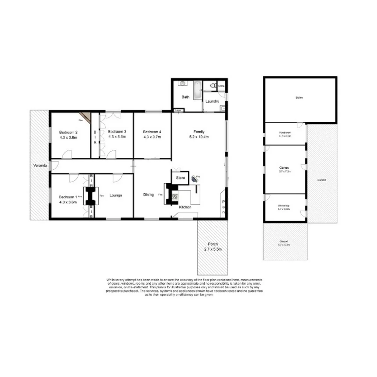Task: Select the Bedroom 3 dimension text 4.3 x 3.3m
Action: (117, 137)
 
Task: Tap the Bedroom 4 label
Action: (152, 132)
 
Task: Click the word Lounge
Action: (116, 195)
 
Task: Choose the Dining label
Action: (148, 195)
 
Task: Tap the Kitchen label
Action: (185, 207)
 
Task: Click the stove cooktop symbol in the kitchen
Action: (175, 197)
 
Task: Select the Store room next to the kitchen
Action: (180, 178)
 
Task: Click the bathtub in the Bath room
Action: (197, 90)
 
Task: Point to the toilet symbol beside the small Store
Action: (213, 85)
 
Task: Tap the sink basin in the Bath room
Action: (182, 84)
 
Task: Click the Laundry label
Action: (212, 102)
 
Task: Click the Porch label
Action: (213, 244)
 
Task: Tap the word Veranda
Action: (40, 165)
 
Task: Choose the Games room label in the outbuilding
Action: (285, 167)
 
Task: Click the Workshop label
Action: (285, 206)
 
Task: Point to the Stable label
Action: (299, 98)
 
